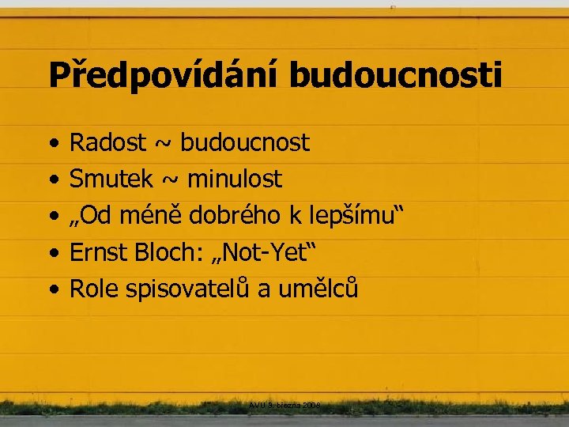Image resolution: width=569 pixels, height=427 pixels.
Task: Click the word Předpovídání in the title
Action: [164, 76]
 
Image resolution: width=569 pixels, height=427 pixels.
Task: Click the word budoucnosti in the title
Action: [395, 76]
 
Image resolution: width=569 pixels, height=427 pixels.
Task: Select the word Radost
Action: [108, 143]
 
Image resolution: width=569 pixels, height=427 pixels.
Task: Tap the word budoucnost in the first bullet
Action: [245, 143]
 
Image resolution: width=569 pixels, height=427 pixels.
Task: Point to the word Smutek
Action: [112, 179]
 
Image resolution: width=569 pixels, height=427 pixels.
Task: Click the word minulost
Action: [235, 179]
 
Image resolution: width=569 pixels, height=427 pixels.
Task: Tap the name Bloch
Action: [165, 253]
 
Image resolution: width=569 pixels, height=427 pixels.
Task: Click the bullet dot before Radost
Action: [52, 145]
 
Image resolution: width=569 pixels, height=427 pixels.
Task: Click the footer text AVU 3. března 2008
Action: [284, 405]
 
